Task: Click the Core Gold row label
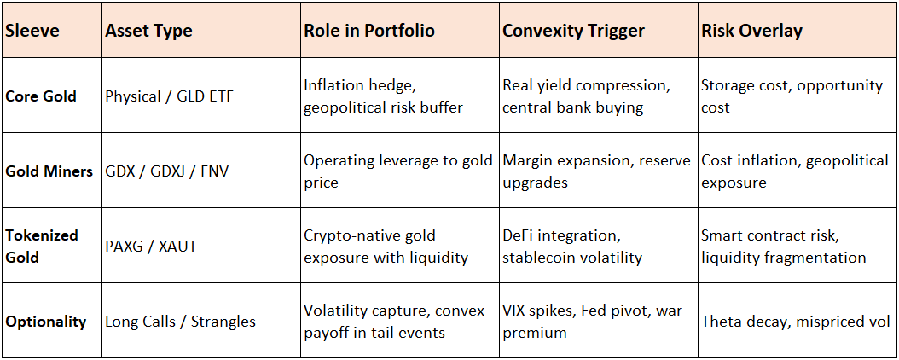pos(41,96)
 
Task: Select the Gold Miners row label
pos(49,171)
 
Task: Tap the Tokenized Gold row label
pos(42,246)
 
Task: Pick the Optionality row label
pos(46,321)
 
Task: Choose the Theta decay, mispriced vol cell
pos(796,321)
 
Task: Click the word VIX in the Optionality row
pos(514,311)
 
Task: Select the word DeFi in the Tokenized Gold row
pos(519,235)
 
